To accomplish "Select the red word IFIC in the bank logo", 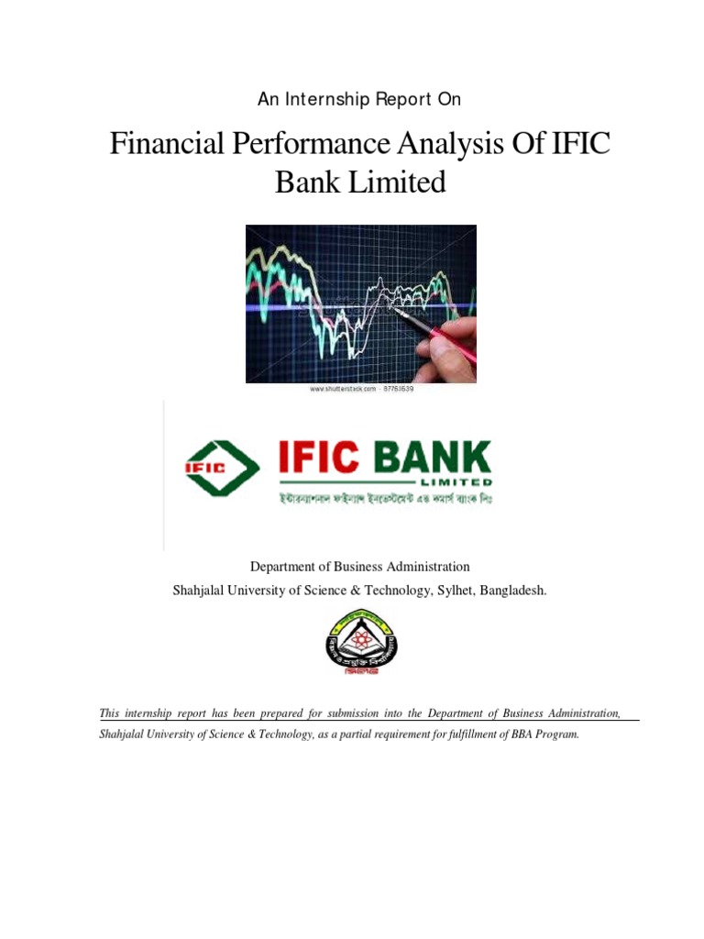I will [x=323, y=458].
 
